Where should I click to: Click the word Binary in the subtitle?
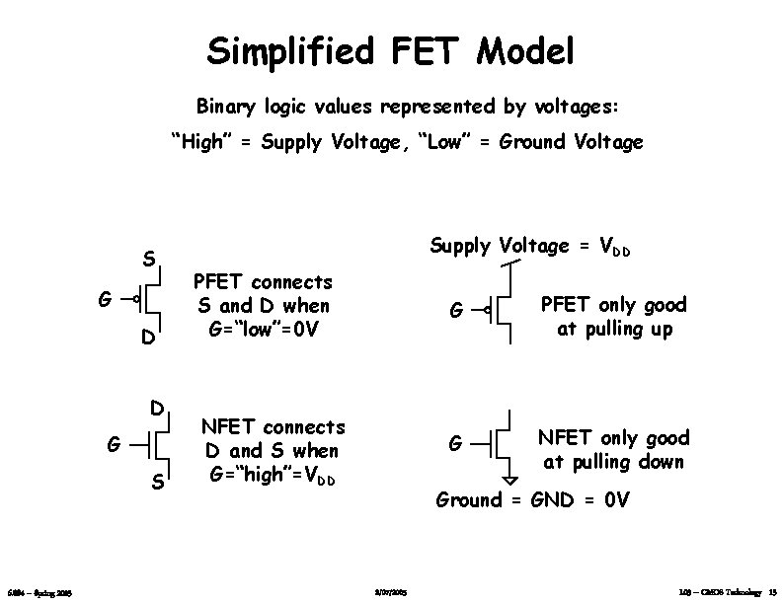pos(226,105)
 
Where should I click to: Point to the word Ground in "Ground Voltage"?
pos(534,142)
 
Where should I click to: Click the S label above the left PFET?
pos(147,262)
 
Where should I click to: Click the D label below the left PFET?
pos(147,339)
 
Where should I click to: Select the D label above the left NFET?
pos(156,407)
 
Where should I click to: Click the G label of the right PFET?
pos(456,310)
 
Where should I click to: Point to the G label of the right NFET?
pos(456,444)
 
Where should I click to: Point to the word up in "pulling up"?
pos(661,330)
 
